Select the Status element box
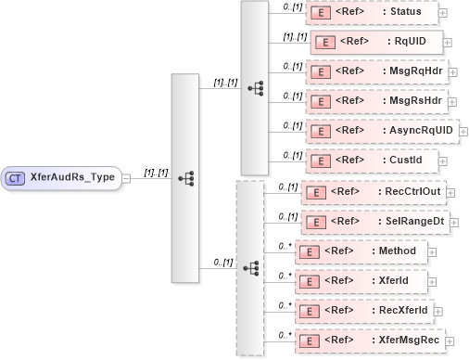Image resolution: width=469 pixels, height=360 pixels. [371, 13]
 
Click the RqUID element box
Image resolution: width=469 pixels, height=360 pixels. [374, 42]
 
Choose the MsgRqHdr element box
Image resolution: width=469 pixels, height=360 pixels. [374, 71]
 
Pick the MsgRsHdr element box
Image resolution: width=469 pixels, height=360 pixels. [374, 101]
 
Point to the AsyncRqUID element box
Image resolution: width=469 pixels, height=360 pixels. [381, 131]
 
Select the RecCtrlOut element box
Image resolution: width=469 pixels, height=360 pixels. [376, 191]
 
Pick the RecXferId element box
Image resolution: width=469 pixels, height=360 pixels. [366, 311]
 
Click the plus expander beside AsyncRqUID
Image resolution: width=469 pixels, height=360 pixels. [463, 131]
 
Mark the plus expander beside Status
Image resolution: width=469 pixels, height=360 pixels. [443, 13]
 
